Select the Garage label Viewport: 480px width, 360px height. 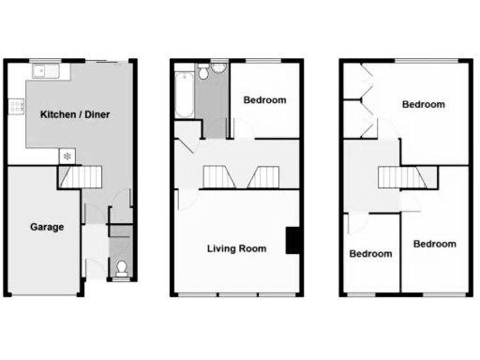(46, 228)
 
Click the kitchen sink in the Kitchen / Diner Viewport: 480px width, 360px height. (44, 71)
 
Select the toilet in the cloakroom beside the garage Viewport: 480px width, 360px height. (121, 269)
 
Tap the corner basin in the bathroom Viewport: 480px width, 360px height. (202, 69)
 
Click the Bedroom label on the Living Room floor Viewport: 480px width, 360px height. (264, 100)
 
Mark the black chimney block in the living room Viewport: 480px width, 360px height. (293, 240)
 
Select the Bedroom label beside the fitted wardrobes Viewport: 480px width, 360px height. (423, 105)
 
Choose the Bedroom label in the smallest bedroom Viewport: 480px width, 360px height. (370, 254)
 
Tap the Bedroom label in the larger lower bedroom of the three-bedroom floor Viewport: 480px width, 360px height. (435, 245)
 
